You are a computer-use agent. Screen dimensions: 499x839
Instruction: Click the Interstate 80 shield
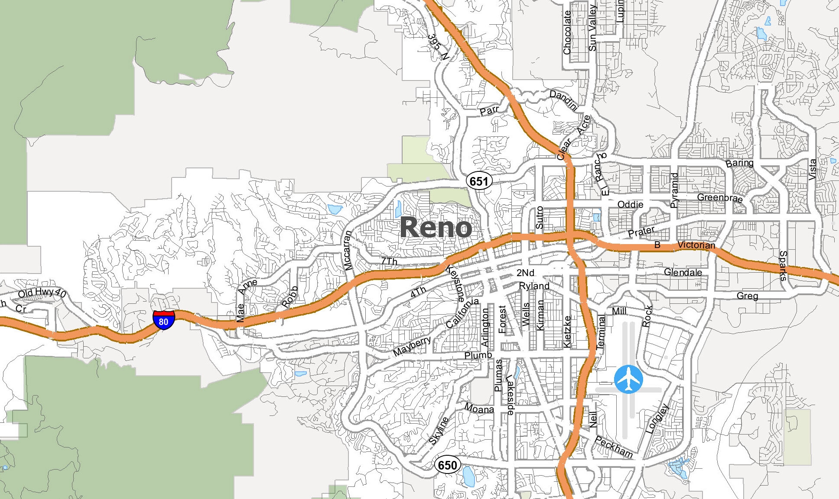tap(163, 320)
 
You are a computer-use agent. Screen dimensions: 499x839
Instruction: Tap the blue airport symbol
tap(628, 379)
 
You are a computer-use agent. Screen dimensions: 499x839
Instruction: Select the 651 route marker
tap(479, 181)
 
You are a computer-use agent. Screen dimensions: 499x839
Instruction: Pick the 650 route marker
tap(447, 465)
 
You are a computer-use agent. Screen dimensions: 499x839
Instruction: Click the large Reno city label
tap(436, 227)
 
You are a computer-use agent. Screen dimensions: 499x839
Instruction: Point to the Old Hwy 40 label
tap(42, 293)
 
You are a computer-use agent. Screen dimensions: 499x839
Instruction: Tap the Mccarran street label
tap(348, 251)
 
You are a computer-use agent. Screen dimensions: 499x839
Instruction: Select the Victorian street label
tap(696, 245)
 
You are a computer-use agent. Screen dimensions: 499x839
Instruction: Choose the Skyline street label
tap(439, 431)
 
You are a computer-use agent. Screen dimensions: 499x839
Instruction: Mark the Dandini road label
tap(564, 100)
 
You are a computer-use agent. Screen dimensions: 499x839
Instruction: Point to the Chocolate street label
tap(567, 32)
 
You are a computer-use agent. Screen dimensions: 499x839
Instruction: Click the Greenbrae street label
tap(720, 198)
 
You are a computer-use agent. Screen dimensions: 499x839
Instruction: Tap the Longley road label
tap(657, 419)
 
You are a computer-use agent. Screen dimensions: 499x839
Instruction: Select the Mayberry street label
tap(412, 346)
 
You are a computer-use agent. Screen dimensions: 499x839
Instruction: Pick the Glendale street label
tap(683, 272)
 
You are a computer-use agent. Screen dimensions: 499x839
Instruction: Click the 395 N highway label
tap(438, 47)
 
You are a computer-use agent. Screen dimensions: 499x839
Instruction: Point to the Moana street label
tap(479, 408)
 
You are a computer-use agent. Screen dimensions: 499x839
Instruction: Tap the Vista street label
tap(813, 169)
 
